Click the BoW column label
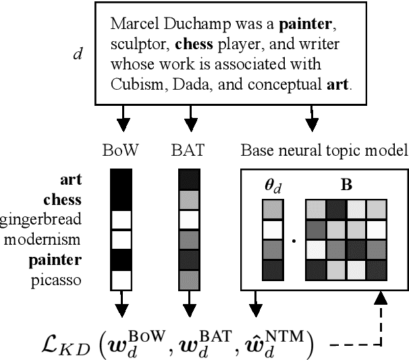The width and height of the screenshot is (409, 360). [121, 150]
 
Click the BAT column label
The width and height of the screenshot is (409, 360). [189, 150]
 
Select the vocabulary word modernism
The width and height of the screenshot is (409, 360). [45, 239]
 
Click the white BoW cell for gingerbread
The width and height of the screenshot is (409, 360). [121, 220]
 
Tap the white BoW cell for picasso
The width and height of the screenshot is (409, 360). [121, 279]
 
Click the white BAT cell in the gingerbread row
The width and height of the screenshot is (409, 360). [189, 220]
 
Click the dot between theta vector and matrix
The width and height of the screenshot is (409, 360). [294, 239]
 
